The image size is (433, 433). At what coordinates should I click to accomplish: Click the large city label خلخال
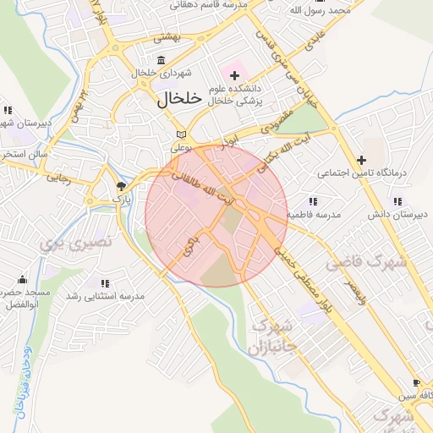coord(179,98)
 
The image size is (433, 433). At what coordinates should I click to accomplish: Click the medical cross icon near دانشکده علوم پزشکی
coord(234,76)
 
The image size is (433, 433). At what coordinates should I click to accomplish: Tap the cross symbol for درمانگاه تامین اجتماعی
coord(362,159)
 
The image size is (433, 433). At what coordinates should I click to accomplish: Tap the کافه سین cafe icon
coord(415,382)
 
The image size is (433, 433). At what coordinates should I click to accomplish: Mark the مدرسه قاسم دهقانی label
coord(207,3)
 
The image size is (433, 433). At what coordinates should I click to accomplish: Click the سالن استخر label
coord(20,155)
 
